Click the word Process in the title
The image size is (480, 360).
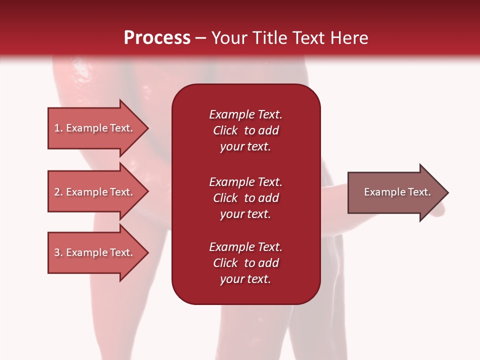(157, 38)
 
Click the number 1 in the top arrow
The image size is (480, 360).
(57, 128)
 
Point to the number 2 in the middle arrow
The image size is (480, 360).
(57, 192)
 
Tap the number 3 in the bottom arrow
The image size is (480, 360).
(57, 252)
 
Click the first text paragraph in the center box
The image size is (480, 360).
(245, 130)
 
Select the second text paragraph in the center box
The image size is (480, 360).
(245, 198)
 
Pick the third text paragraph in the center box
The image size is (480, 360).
(245, 263)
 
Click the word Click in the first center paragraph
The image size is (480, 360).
(225, 130)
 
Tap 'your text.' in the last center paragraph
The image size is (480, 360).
(245, 279)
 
